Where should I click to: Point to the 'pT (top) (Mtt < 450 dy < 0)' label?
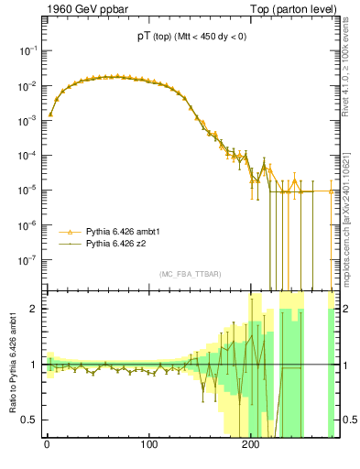click(x=190, y=37)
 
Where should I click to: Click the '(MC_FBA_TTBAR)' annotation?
click(x=190, y=274)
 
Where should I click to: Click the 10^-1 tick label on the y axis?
click(x=27, y=51)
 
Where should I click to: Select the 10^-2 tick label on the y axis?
click(x=27, y=86)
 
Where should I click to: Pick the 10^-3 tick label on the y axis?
click(x=27, y=121)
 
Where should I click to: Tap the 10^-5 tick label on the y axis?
click(x=27, y=191)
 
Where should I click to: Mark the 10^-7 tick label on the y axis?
click(x=27, y=260)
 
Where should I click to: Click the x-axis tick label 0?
click(x=47, y=445)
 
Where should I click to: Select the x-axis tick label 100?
click(x=149, y=445)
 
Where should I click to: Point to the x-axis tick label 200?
click(x=251, y=445)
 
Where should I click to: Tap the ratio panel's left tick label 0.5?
click(x=29, y=420)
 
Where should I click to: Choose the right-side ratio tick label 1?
click(x=346, y=365)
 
